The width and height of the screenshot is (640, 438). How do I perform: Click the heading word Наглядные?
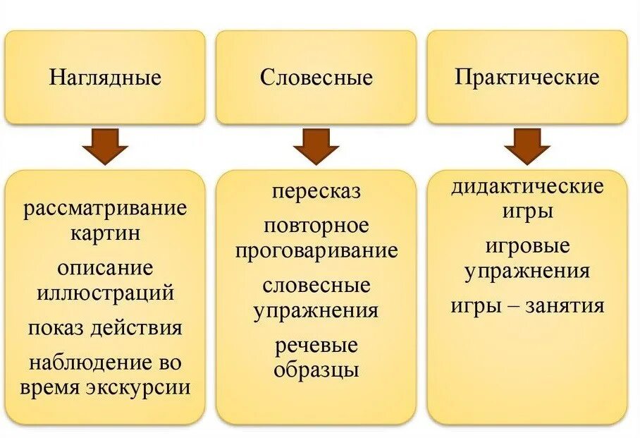[x=105, y=77]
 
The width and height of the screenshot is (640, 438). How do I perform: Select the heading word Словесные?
[x=316, y=77]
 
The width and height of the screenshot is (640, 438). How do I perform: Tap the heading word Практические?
[x=527, y=76]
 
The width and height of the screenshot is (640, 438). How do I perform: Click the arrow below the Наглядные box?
[x=105, y=147]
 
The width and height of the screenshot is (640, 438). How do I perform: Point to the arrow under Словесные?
[x=316, y=147]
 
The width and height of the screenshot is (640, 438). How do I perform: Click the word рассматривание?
[x=105, y=209]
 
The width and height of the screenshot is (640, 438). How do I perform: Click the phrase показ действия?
[x=105, y=328]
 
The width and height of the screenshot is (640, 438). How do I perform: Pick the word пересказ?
[x=316, y=191]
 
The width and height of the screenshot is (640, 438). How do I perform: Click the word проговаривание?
[x=316, y=250]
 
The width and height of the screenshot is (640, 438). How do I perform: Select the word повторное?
[x=316, y=226]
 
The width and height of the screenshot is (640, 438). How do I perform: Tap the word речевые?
[x=316, y=346]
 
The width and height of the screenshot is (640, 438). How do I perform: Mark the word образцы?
[x=316, y=370]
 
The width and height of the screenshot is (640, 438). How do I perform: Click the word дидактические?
[x=527, y=186]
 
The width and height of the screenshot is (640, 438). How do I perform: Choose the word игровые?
[x=527, y=247]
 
